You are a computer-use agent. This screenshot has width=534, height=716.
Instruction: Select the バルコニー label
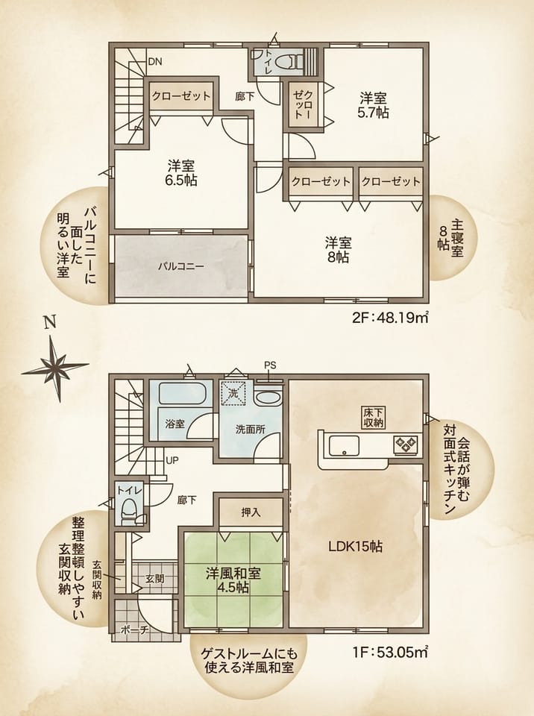click(181, 266)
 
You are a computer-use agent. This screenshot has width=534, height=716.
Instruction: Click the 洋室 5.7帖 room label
click(373, 105)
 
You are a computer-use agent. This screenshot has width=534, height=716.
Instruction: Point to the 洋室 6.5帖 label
click(181, 172)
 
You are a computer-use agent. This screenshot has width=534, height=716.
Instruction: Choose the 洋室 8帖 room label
click(338, 250)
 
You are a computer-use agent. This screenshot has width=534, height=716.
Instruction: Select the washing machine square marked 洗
click(233, 394)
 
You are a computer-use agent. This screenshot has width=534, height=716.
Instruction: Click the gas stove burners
click(406, 443)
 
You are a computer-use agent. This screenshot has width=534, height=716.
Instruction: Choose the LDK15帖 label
click(356, 546)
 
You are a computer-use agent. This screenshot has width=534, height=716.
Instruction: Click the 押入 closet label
click(251, 512)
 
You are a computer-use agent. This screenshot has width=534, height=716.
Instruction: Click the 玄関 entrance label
click(155, 579)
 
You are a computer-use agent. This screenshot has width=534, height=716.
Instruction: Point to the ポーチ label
click(135, 630)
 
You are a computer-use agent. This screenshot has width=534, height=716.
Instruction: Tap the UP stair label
click(172, 460)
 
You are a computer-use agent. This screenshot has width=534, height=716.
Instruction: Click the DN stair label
click(155, 62)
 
